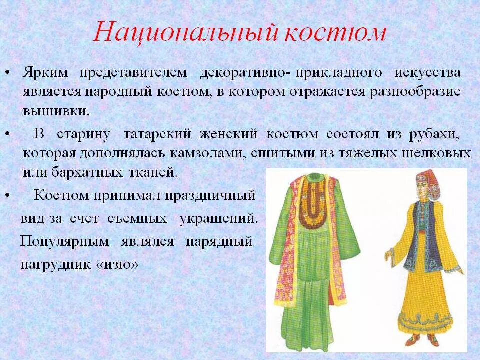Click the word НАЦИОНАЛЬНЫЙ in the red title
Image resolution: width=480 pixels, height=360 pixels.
coord(185,33)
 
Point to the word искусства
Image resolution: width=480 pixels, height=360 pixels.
coord(427,73)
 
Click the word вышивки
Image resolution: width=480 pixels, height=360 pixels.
coord(56,110)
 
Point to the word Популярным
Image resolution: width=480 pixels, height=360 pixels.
coord(64,242)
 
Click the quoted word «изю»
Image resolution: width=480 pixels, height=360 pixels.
coord(116,265)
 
